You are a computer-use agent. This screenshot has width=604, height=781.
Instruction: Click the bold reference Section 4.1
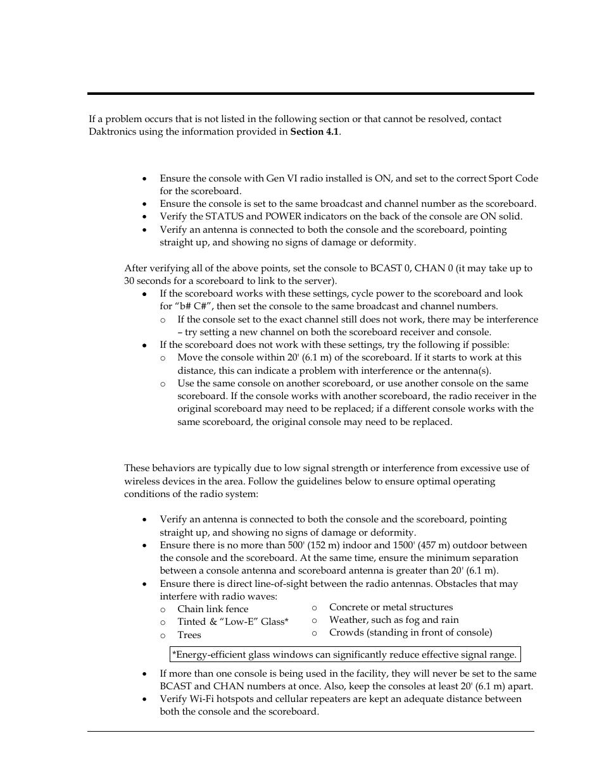[x=315, y=132]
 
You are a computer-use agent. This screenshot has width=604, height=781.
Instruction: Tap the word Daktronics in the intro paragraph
[x=111, y=132]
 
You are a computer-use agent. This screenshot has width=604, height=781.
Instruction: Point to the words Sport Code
[x=513, y=178]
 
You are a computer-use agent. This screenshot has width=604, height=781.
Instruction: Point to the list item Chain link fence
[x=213, y=609]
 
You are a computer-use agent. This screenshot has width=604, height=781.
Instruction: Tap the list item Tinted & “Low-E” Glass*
[x=232, y=622]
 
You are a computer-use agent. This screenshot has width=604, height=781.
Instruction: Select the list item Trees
[x=189, y=635]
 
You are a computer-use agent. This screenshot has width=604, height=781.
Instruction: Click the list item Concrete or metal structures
[x=391, y=607]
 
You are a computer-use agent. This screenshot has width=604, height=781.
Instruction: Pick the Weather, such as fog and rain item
[x=393, y=620]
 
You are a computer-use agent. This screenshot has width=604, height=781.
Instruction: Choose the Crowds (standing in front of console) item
[x=410, y=632]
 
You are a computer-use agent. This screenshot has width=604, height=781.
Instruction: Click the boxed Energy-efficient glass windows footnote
[x=344, y=655]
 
